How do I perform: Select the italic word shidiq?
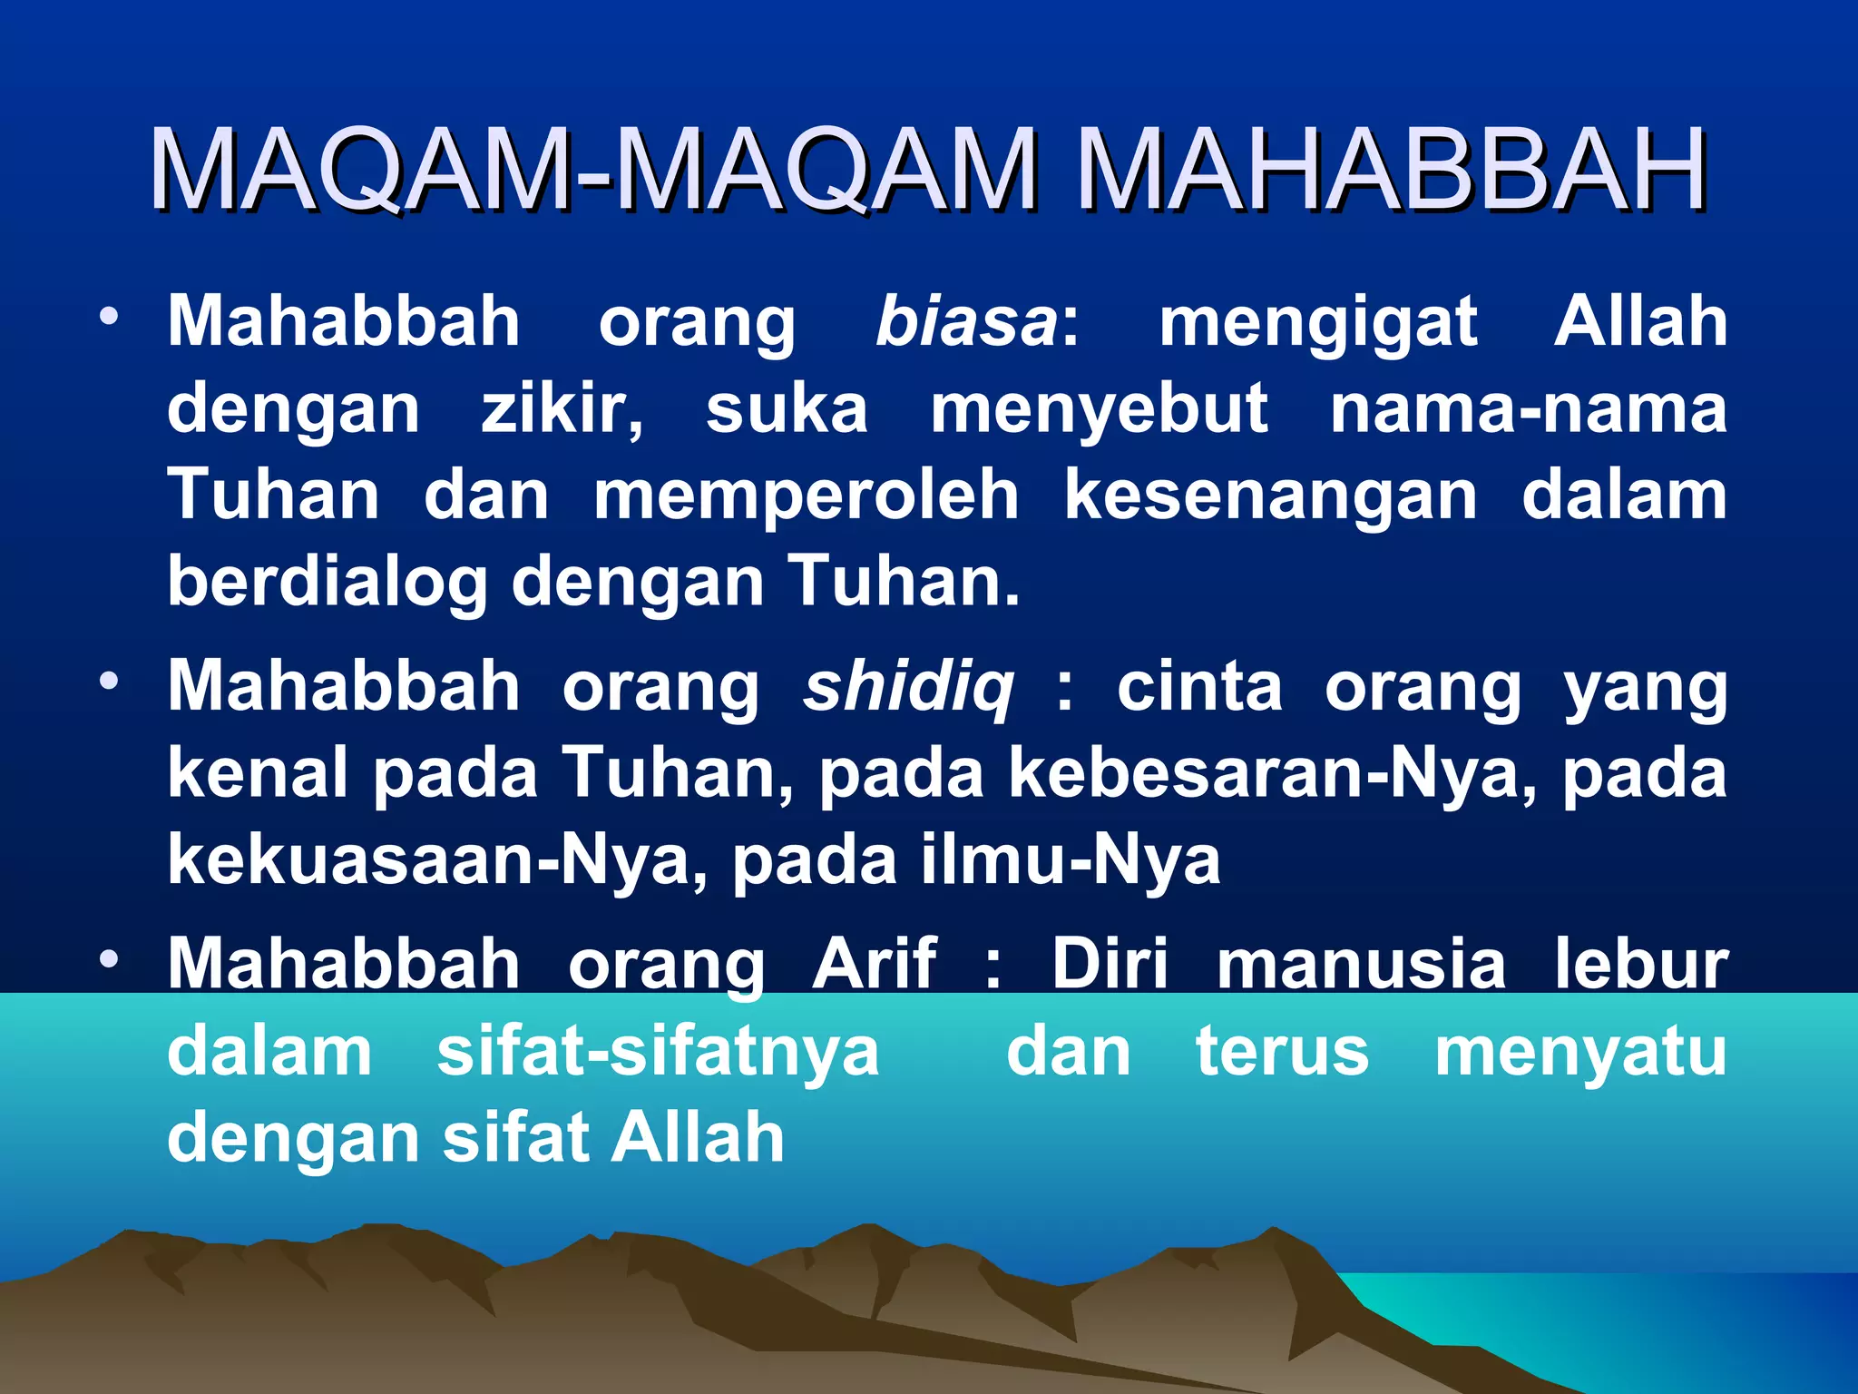point(908,686)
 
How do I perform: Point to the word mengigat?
point(1318,323)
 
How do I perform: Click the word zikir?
point(561,408)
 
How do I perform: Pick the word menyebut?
point(1100,410)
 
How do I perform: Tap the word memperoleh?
point(807,496)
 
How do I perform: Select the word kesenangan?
point(1271,497)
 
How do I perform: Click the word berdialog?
point(328,582)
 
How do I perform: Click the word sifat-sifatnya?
point(658,1052)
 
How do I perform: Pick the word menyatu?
point(1580,1053)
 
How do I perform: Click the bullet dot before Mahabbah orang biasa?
point(110,317)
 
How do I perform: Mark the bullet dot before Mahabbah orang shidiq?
point(110,682)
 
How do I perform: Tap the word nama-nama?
point(1528,408)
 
